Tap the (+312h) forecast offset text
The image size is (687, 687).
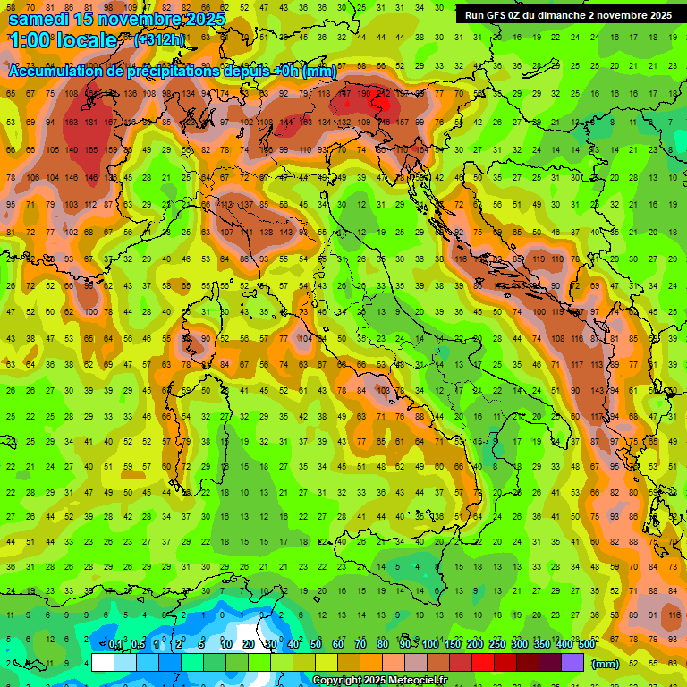point(159,40)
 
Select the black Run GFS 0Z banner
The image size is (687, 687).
point(568,14)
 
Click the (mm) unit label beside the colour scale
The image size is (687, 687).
point(606,663)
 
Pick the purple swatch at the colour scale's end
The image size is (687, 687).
point(572,662)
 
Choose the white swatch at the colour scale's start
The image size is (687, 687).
point(103,662)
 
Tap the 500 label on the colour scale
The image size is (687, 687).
point(586,644)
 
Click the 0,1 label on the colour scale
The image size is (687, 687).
point(115,644)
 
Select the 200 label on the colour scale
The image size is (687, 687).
point(474,644)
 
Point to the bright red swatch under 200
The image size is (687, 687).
point(483,662)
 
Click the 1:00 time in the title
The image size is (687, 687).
point(30,40)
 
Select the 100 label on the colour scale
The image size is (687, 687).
point(429,644)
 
